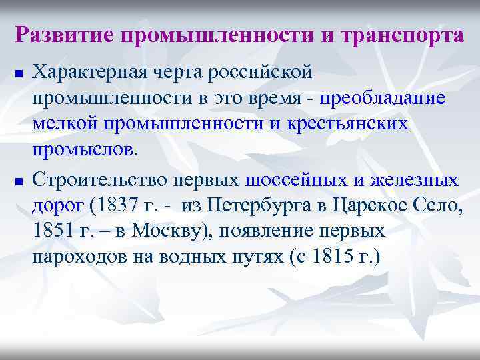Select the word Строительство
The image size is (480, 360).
tap(100, 180)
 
